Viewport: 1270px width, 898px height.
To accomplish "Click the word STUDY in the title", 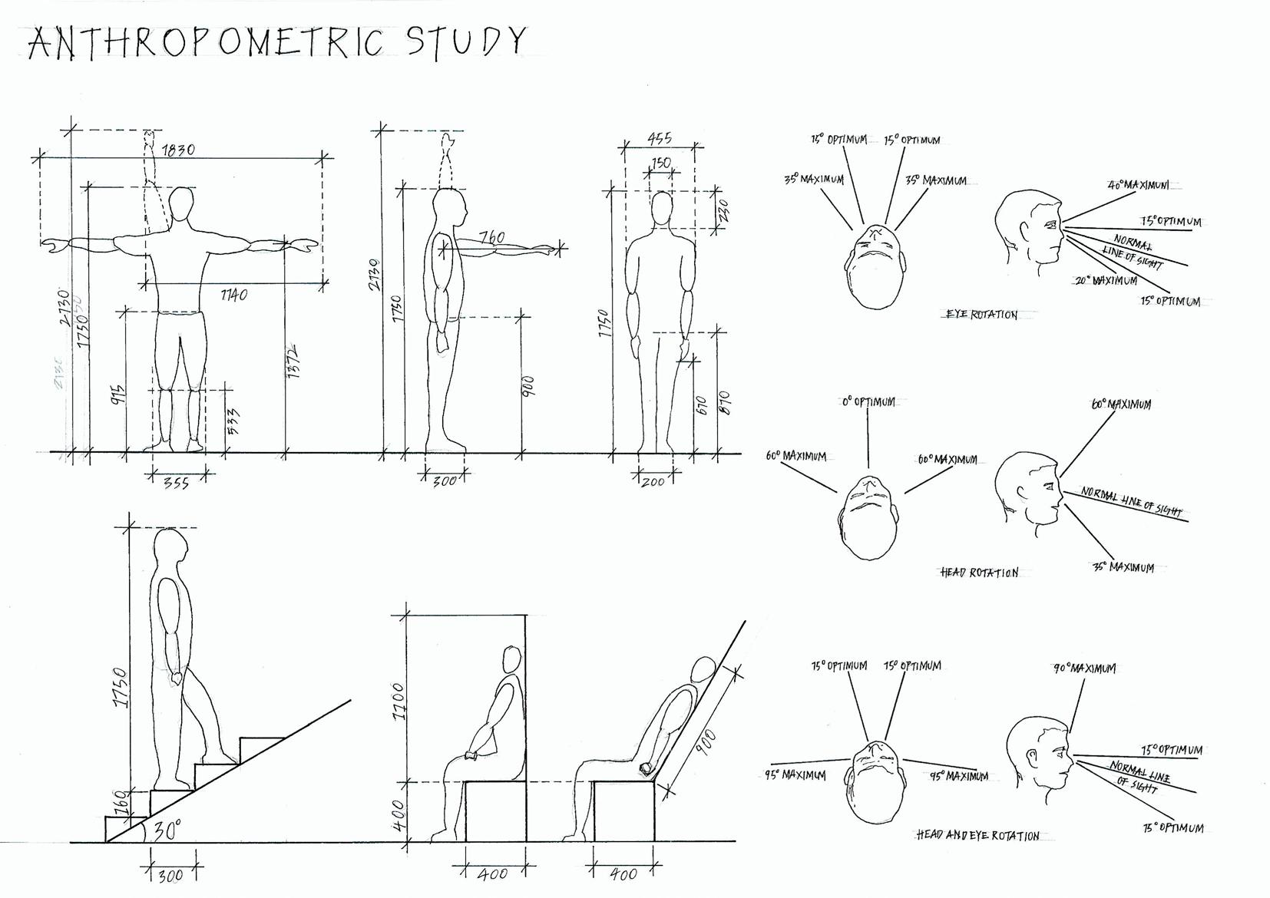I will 467,41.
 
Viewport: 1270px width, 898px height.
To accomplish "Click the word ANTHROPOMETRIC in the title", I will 206,43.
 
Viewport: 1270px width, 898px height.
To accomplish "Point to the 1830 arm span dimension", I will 177,149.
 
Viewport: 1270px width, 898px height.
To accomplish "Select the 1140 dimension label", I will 233,294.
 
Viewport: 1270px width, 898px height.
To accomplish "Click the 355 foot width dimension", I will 176,483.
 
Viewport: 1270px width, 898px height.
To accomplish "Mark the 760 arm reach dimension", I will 492,237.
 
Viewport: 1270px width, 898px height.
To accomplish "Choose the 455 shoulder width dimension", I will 660,138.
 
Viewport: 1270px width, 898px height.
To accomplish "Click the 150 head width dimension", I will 660,163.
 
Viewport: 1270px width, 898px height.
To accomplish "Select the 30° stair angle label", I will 167,830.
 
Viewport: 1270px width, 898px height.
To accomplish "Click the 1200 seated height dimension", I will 397,701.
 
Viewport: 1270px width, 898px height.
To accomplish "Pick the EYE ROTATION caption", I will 981,315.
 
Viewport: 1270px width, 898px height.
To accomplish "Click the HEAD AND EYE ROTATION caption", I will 977,835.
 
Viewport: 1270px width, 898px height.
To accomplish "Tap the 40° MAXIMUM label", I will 1139,185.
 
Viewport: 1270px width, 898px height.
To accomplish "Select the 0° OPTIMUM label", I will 868,401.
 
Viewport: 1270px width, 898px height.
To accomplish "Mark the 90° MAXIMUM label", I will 1084,669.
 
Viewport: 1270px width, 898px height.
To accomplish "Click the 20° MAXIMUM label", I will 1106,281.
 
